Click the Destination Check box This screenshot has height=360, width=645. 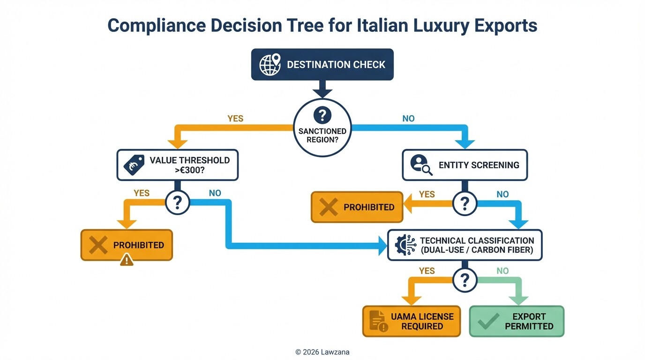322,64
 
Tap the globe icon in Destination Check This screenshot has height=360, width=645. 269,64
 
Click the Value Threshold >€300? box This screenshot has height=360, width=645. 177,165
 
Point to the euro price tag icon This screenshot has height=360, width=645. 134,165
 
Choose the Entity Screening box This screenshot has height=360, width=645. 465,165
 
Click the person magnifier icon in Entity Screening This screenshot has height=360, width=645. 420,165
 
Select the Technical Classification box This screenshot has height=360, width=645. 465,245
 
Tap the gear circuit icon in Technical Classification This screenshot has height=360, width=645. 405,245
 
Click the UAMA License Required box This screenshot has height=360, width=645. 412,322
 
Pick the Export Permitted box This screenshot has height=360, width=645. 517,322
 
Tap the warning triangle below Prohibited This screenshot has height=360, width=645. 127,259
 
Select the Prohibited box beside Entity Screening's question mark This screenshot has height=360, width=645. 357,207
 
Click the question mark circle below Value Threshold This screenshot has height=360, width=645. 177,203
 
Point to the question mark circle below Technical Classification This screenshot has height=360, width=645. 465,280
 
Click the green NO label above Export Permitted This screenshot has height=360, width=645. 502,270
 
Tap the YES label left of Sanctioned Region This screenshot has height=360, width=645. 235,119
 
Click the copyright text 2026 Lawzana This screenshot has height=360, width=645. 322,352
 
